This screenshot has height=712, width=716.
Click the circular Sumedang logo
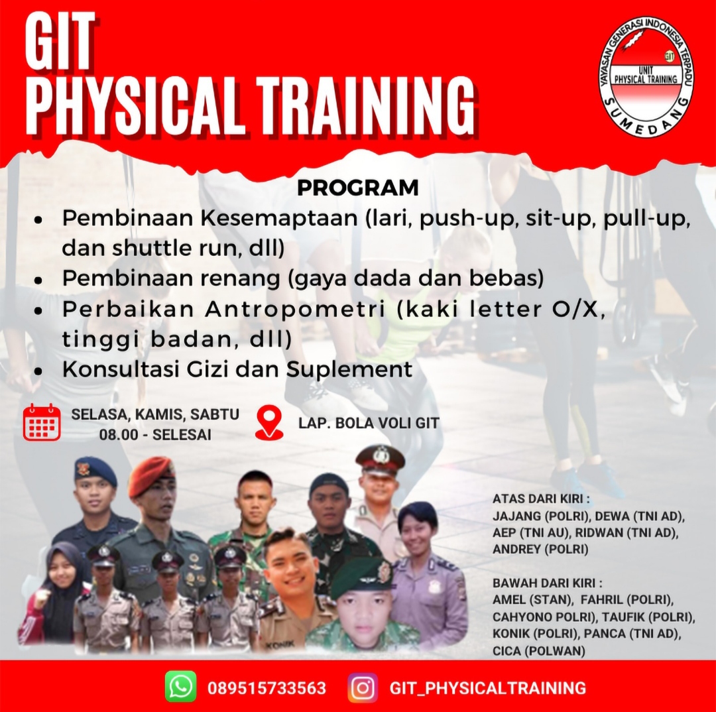tap(646, 76)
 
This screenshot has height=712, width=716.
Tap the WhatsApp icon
tap(181, 686)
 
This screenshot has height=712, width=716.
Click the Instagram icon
tap(363, 687)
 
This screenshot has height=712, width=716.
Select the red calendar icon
tap(42, 422)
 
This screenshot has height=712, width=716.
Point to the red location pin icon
tap(269, 423)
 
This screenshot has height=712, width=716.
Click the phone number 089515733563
tap(267, 687)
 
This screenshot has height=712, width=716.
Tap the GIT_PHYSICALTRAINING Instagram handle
tap(488, 687)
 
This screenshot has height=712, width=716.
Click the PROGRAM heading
tap(358, 188)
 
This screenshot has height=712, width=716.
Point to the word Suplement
tap(349, 369)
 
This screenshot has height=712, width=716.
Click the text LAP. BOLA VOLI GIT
tap(369, 424)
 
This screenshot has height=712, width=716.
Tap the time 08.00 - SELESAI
tap(155, 435)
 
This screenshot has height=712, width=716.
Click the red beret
tap(150, 477)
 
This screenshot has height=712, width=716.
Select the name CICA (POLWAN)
tap(539, 650)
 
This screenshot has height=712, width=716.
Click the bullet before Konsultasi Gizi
tap(38, 371)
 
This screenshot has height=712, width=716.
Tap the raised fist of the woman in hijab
tap(40, 599)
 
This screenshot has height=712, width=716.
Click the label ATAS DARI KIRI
tap(541, 499)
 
